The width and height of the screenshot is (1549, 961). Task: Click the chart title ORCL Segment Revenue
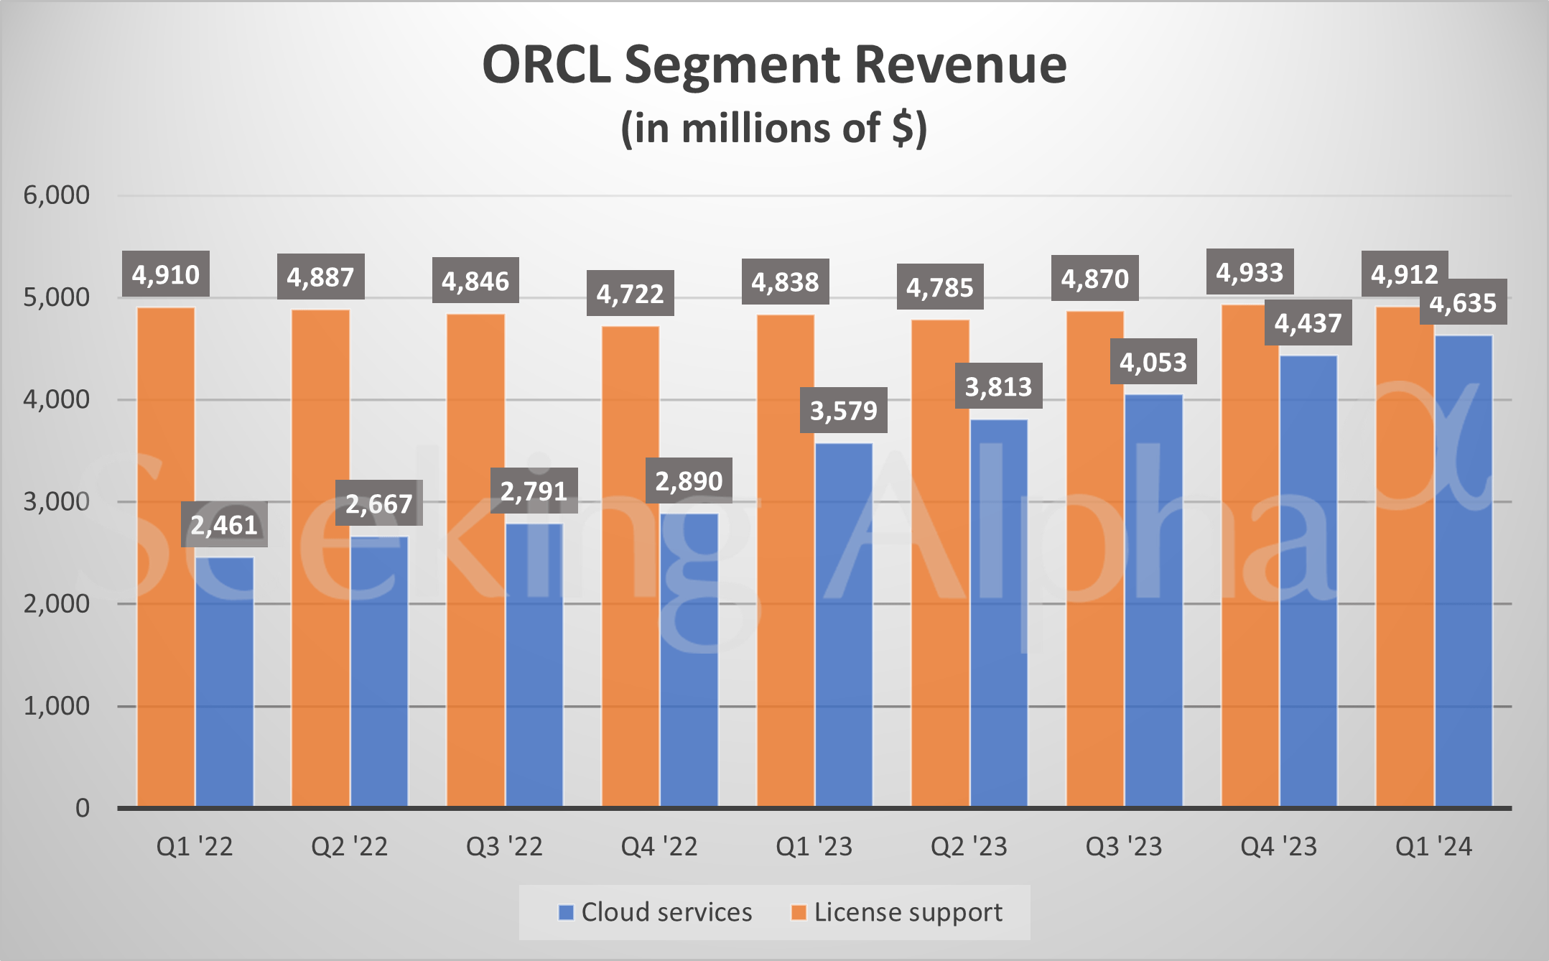click(774, 65)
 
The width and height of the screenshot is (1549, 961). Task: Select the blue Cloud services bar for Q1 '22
click(224, 682)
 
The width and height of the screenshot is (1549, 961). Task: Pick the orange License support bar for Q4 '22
click(631, 567)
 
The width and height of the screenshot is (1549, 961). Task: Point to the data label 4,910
click(166, 274)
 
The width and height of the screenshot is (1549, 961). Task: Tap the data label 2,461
click(224, 525)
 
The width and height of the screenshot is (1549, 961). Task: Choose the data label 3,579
click(844, 410)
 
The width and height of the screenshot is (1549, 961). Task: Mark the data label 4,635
click(1463, 303)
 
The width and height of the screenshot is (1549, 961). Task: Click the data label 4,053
click(1153, 362)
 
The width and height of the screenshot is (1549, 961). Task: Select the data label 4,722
click(630, 293)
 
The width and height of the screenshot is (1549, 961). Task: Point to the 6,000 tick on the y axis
click(57, 195)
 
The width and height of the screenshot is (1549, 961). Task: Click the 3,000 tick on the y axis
click(57, 501)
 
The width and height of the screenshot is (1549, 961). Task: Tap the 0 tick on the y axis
click(83, 808)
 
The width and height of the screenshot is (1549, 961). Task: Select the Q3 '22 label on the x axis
click(504, 847)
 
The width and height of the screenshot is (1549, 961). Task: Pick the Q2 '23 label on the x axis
click(969, 847)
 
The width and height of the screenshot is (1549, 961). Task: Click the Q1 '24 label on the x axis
click(1433, 847)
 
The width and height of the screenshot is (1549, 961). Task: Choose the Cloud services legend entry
click(656, 912)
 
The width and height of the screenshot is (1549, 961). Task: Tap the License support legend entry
click(897, 912)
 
